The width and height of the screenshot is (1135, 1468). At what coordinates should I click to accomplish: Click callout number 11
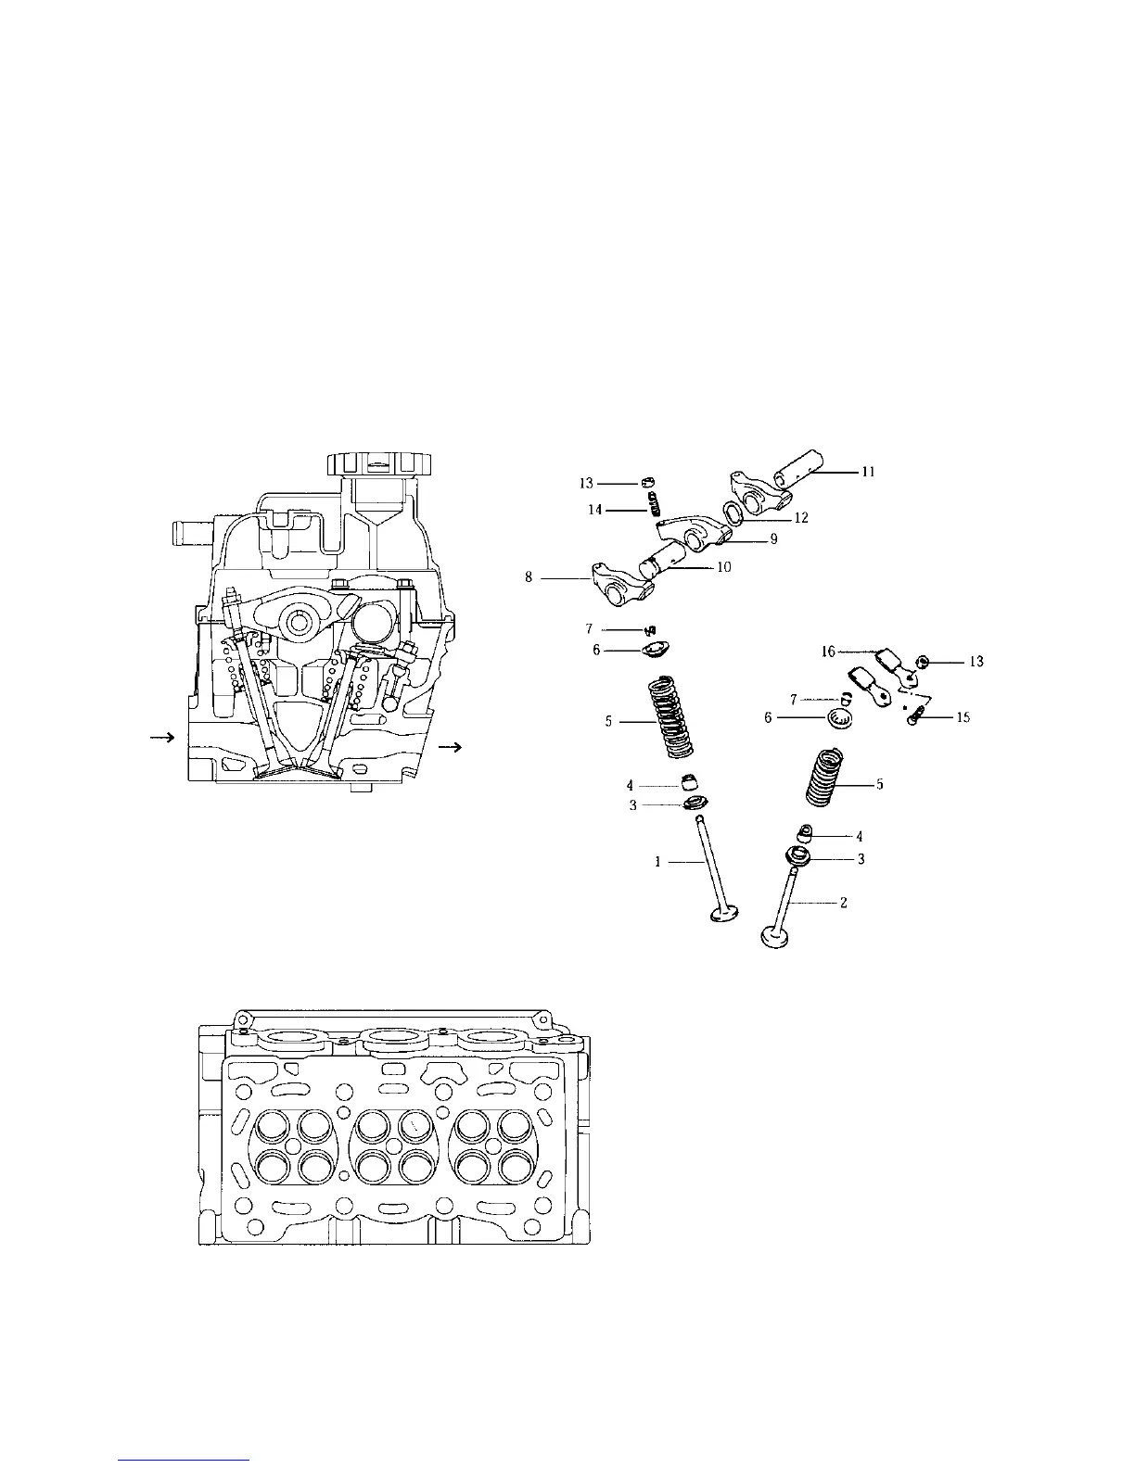(868, 472)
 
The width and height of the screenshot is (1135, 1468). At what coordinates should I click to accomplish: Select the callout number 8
(529, 576)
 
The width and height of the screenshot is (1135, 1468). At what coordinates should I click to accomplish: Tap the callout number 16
(828, 652)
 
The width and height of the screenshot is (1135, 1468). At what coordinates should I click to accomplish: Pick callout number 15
(963, 717)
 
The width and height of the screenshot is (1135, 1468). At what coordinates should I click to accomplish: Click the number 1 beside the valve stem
(658, 862)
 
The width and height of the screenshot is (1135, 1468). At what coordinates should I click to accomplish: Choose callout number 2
(843, 903)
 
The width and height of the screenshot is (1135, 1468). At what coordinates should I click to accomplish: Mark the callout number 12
(802, 518)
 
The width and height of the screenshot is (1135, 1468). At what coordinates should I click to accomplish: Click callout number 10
(723, 567)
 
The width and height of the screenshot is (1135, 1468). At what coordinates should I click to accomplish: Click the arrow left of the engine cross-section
(163, 738)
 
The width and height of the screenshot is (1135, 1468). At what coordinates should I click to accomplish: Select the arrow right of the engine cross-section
(452, 747)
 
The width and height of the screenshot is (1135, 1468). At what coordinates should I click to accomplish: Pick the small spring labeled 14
(655, 505)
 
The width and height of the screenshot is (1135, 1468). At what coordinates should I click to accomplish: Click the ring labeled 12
(732, 513)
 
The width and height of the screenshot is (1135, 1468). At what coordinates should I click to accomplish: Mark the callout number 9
(773, 538)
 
